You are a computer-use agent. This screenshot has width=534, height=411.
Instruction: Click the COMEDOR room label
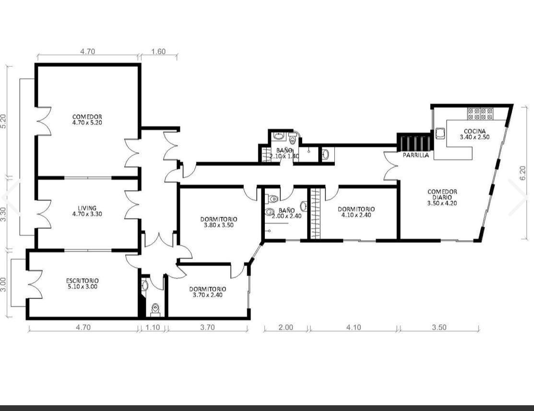pyautogui.click(x=87, y=117)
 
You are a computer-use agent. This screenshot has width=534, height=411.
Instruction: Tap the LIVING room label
pyautogui.click(x=87, y=208)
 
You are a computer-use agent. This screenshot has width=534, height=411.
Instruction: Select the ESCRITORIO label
pyautogui.click(x=83, y=281)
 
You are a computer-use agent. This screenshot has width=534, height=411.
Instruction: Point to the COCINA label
pyautogui.click(x=475, y=131)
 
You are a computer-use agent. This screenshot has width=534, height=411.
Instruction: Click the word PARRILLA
pyautogui.click(x=416, y=155)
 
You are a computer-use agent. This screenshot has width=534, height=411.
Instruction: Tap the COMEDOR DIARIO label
pyautogui.click(x=442, y=194)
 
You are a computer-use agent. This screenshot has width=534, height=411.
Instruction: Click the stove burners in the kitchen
pyautogui.click(x=480, y=114)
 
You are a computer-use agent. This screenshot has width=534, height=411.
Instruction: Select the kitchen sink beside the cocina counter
pyautogui.click(x=439, y=133)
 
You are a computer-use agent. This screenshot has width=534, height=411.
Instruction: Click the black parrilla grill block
pyautogui.click(x=415, y=142)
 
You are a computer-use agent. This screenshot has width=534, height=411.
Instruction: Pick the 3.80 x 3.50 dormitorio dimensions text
pyautogui.click(x=219, y=225)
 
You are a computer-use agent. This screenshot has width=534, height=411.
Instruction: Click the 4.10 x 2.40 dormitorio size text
pyautogui.click(x=356, y=215)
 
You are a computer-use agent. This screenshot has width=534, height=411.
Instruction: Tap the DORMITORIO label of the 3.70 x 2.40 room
pyautogui.click(x=207, y=289)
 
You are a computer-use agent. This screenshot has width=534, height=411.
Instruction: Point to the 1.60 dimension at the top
pyautogui.click(x=158, y=51)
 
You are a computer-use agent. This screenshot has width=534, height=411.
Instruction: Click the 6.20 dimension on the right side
pyautogui.click(x=523, y=173)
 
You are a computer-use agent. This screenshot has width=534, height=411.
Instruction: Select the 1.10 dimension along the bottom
pyautogui.click(x=153, y=327)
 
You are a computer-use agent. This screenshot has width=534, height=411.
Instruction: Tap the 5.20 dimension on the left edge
pyautogui.click(x=3, y=121)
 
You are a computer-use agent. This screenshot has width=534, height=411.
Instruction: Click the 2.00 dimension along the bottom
pyautogui.click(x=286, y=327)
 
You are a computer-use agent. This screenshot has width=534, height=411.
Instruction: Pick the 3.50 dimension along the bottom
pyautogui.click(x=439, y=327)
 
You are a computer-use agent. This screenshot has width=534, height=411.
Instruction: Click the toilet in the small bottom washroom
pyautogui.click(x=155, y=308)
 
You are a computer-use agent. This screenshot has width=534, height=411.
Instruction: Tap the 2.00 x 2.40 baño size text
pyautogui.click(x=286, y=216)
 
